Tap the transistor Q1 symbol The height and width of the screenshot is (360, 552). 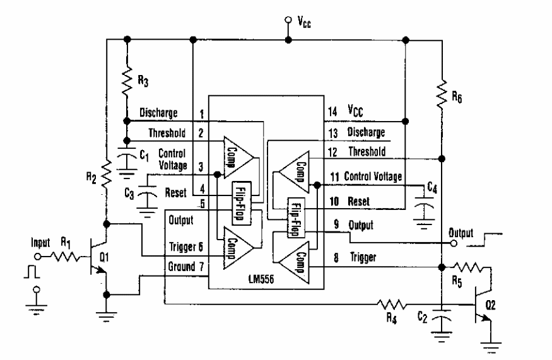pyautogui.click(x=98, y=257)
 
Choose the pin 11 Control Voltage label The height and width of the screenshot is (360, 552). pyautogui.click(x=373, y=176)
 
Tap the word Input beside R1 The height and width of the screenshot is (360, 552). pyautogui.click(x=40, y=243)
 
